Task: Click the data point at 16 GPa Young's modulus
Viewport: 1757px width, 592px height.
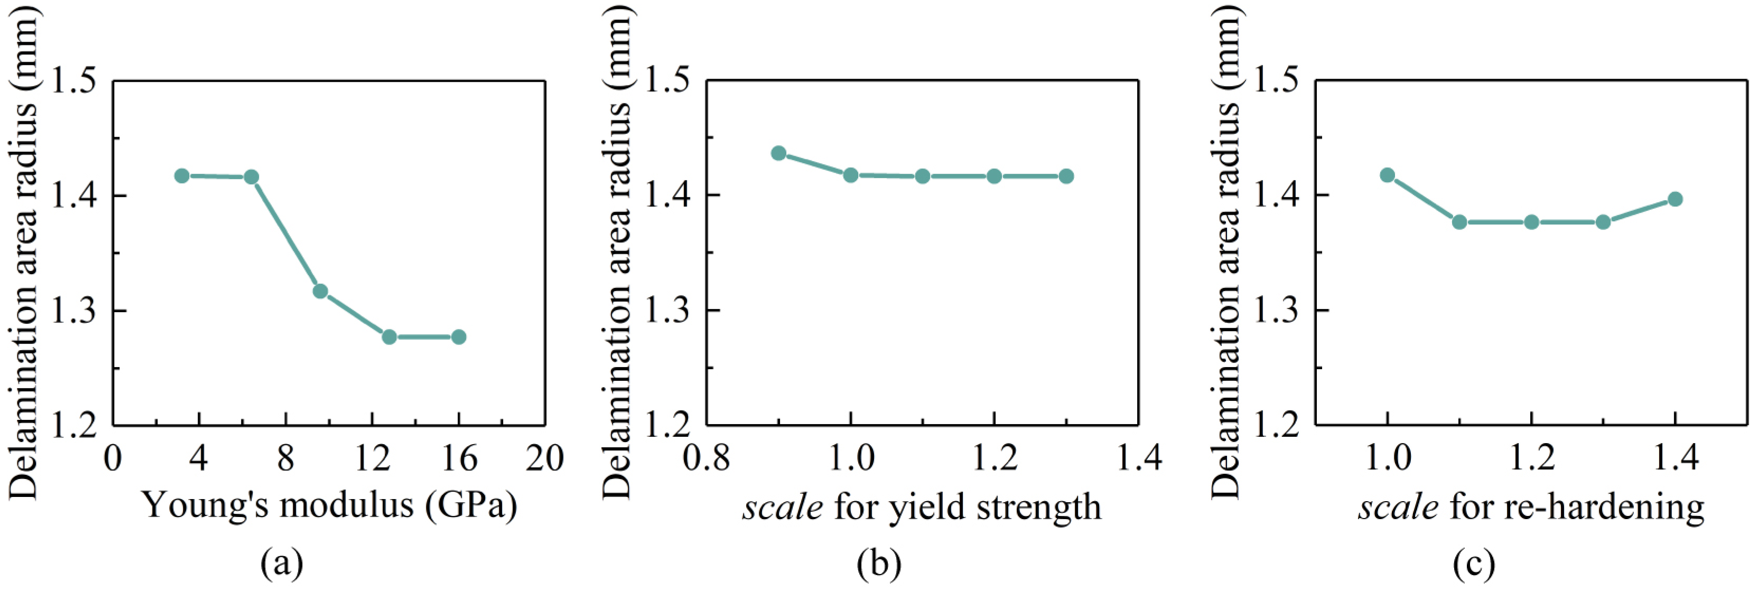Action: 458,336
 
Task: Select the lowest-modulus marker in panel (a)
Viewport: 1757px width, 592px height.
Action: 181,175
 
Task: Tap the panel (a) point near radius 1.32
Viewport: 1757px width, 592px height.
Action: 320,291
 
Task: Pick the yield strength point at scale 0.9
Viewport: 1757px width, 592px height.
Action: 778,153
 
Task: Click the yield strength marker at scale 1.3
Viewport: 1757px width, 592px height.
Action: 1066,176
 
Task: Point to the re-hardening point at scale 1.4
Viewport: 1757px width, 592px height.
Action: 1675,199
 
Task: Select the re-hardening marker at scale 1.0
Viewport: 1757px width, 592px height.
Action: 1387,175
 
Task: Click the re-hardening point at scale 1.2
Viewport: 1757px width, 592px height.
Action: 1531,222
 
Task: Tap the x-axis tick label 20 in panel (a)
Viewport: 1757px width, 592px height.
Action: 544,458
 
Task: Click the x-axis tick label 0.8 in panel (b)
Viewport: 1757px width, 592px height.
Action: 706,458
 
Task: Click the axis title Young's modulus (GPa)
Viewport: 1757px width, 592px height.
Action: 329,506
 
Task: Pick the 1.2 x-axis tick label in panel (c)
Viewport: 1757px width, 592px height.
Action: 1531,458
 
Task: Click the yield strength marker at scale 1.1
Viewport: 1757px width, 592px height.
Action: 922,176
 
